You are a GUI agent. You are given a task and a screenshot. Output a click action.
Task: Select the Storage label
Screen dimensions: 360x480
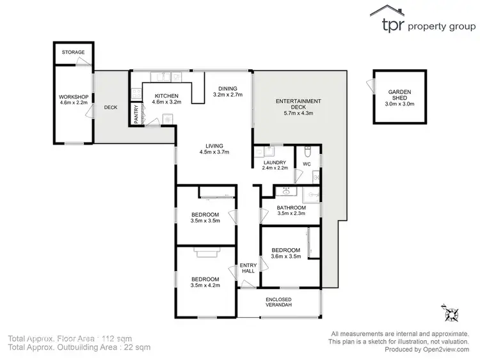click(x=74, y=52)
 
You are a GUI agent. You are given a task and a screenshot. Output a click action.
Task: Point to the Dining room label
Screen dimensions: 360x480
click(x=227, y=88)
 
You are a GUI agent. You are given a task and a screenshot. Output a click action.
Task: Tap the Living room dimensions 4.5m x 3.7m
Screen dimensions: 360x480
click(x=214, y=152)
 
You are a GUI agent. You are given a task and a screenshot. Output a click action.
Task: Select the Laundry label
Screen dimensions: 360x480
click(x=274, y=162)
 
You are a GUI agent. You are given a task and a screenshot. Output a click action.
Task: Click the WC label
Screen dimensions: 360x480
click(x=307, y=164)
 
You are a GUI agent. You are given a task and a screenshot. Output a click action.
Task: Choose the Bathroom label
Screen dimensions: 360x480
click(x=291, y=208)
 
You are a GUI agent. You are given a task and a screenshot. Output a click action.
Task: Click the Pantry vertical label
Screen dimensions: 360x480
click(x=136, y=114)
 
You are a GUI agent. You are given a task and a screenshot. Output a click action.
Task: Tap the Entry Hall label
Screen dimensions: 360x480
click(x=248, y=268)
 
